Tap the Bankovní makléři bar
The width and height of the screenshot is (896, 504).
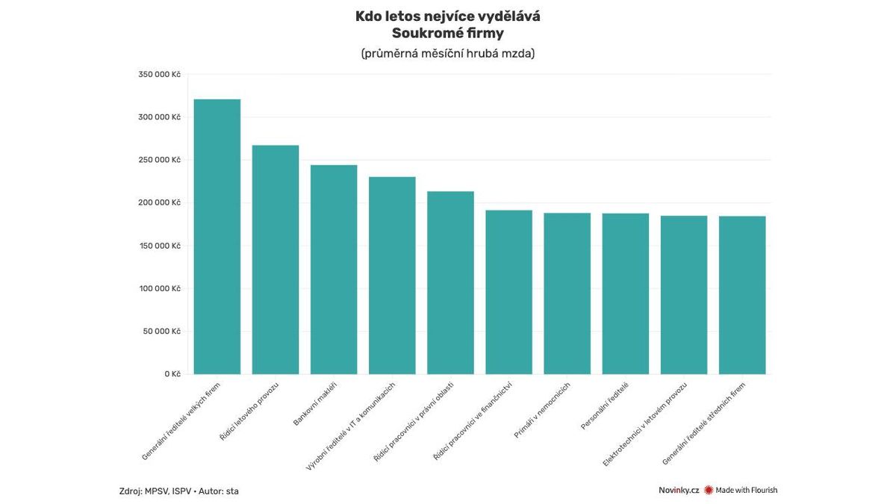click(x=334, y=270)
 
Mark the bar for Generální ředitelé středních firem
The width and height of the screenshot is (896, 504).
click(x=742, y=295)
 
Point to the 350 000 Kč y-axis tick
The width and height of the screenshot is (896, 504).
click(x=160, y=75)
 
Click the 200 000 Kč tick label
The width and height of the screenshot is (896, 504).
click(x=160, y=203)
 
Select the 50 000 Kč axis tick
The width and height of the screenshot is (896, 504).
click(x=160, y=332)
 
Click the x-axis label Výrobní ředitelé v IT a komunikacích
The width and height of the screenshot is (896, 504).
click(x=350, y=426)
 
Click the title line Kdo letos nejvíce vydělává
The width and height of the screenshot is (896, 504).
click(x=447, y=16)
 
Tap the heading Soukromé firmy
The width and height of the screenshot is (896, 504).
click(x=447, y=34)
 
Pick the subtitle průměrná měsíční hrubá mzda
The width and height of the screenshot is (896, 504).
click(x=447, y=54)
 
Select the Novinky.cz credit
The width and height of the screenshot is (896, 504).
click(x=679, y=491)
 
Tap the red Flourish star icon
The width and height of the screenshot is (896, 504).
click(x=709, y=491)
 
